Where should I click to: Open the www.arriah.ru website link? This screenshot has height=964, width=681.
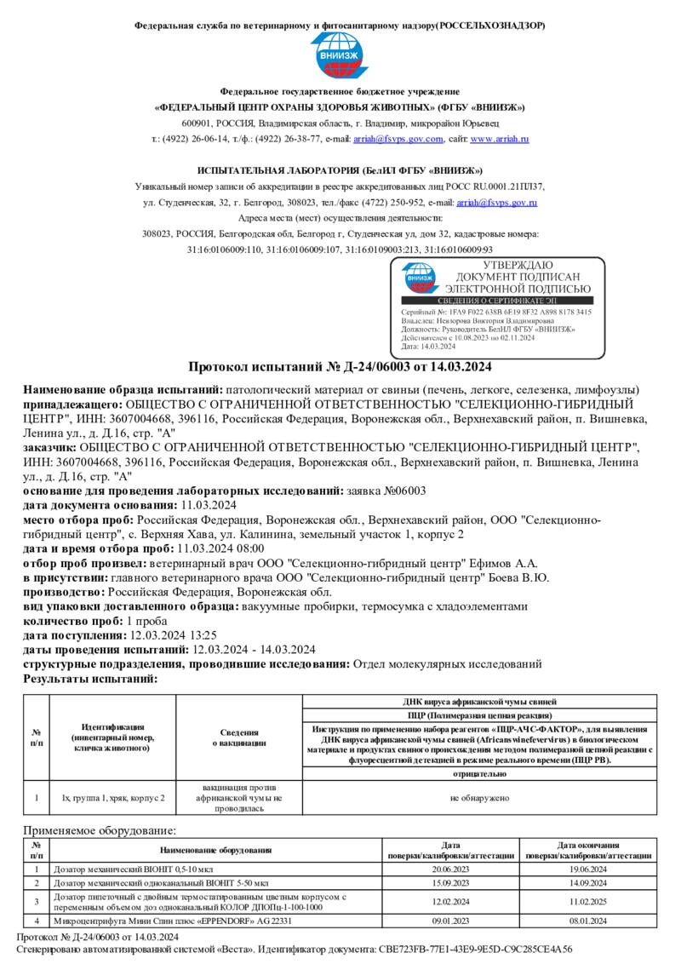point(500,139)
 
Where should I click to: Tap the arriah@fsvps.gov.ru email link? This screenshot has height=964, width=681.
point(496,203)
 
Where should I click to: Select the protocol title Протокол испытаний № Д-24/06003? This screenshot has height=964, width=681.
point(340,368)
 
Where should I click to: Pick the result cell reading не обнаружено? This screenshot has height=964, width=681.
point(479,798)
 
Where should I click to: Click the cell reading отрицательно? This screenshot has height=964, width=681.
point(479,774)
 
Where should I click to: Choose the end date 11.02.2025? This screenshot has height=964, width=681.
point(587,901)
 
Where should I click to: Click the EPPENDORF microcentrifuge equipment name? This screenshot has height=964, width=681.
point(173,921)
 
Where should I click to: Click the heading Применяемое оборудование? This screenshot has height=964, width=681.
point(100,829)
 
